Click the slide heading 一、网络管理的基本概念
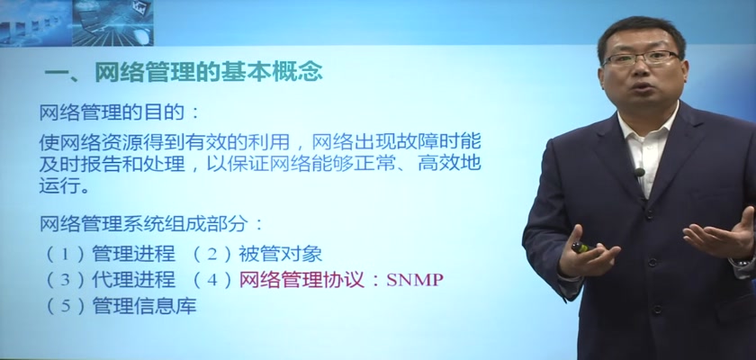click(184, 73)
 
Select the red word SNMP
click(415, 280)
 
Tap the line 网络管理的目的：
click(119, 113)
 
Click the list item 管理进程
click(133, 254)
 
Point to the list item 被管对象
click(281, 254)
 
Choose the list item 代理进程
click(133, 280)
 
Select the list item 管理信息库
click(144, 306)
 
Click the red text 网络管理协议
click(301, 280)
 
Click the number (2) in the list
click(212, 255)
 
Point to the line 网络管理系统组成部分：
click(151, 223)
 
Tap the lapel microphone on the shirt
click(640, 173)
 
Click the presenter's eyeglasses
click(641, 58)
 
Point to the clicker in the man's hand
click(582, 247)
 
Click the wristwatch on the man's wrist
click(744, 262)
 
